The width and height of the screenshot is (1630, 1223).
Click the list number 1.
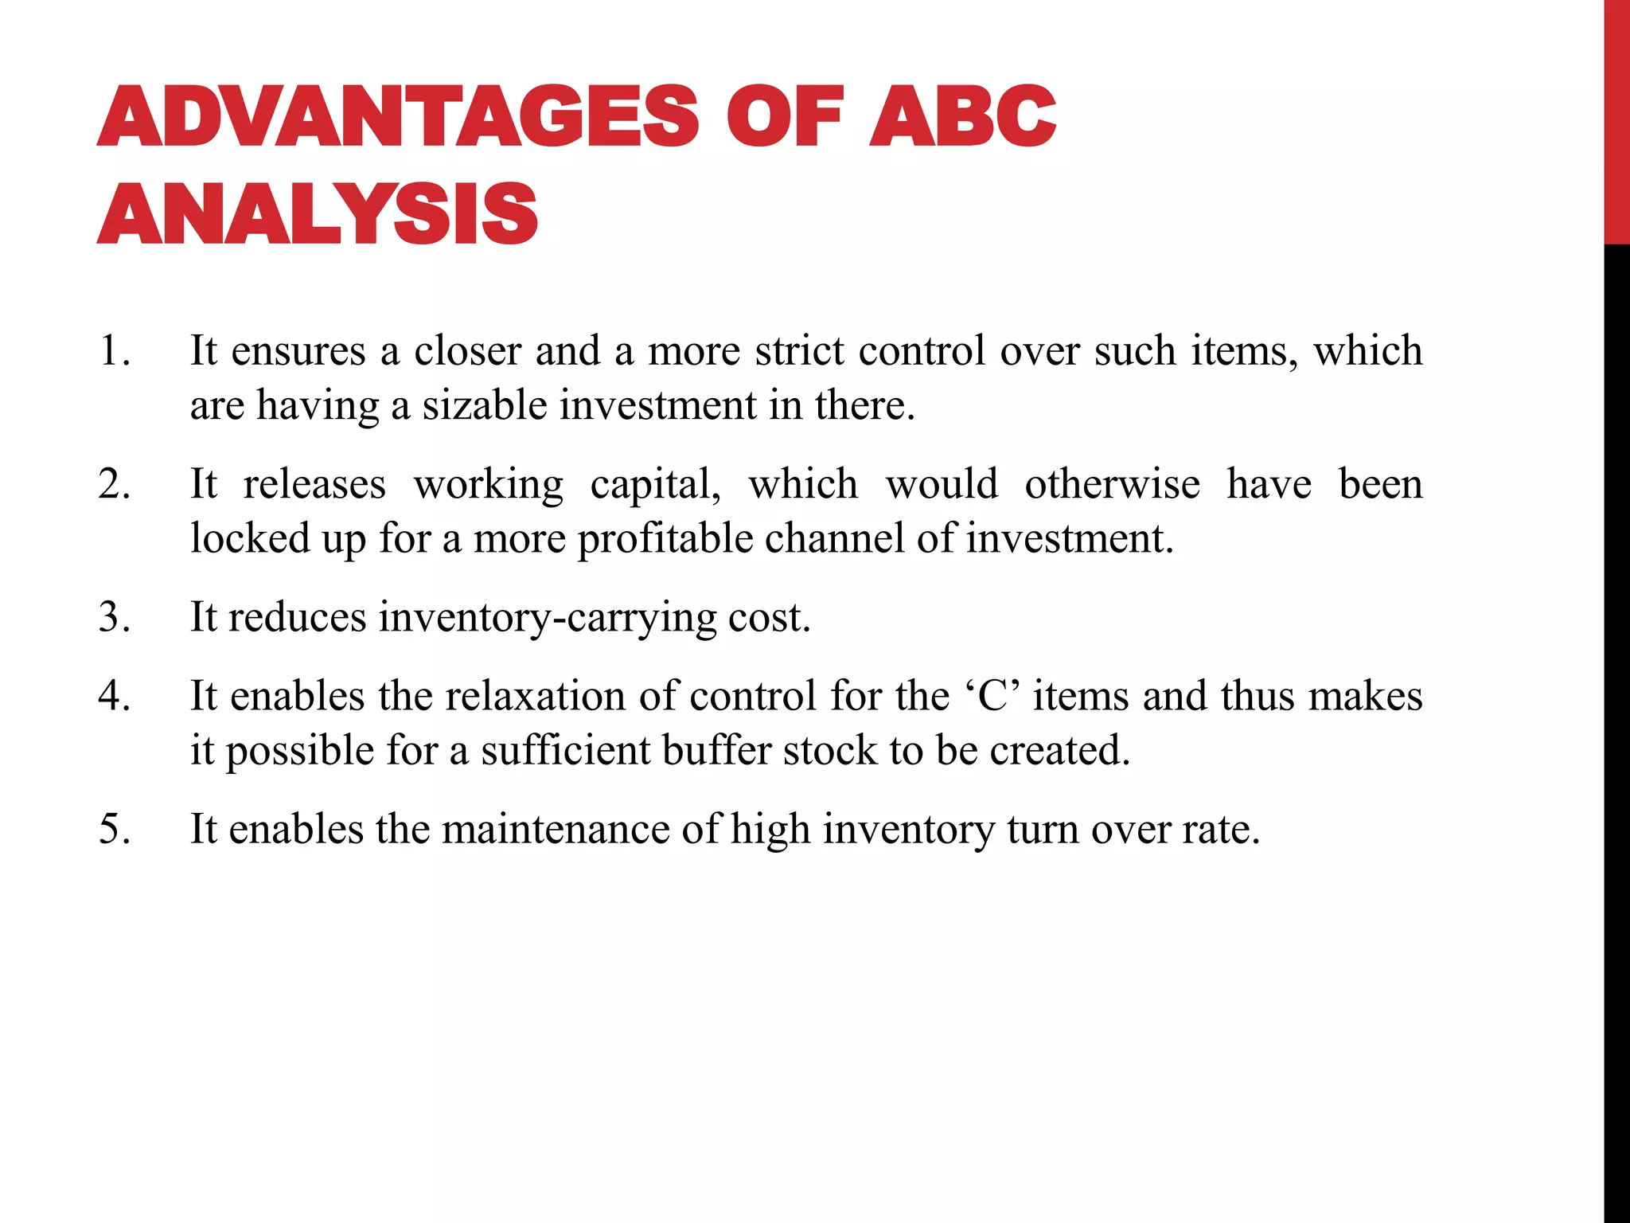[x=115, y=351]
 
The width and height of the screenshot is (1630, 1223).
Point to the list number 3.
[x=115, y=617]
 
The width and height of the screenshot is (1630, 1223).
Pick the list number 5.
[x=115, y=829]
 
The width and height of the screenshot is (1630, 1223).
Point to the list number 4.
[x=115, y=697]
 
